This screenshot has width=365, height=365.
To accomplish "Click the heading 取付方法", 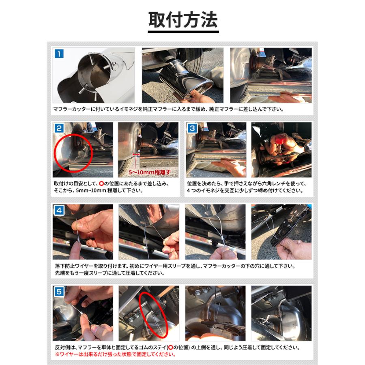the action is pyautogui.click(x=183, y=19).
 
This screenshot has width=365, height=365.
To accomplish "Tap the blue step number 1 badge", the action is pyautogui.click(x=59, y=54).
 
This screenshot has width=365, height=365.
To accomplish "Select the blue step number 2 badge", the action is pyautogui.click(x=59, y=128).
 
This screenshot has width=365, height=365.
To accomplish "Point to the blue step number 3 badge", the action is pyautogui.click(x=192, y=128).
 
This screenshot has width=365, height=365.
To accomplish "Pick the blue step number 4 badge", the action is pyautogui.click(x=59, y=210).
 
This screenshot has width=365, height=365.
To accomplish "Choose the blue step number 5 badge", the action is pyautogui.click(x=59, y=292).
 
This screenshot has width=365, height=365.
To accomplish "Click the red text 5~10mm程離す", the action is pyautogui.click(x=150, y=172).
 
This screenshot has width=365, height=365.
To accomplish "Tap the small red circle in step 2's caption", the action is pyautogui.click(x=101, y=183).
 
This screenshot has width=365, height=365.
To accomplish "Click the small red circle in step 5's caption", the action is pyautogui.click(x=170, y=348).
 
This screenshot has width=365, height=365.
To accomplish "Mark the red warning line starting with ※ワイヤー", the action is pyautogui.click(x=116, y=354).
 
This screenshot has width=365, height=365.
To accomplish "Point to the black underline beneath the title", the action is pyautogui.click(x=183, y=31).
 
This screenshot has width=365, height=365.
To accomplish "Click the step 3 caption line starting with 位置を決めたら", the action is pyautogui.click(x=247, y=183).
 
